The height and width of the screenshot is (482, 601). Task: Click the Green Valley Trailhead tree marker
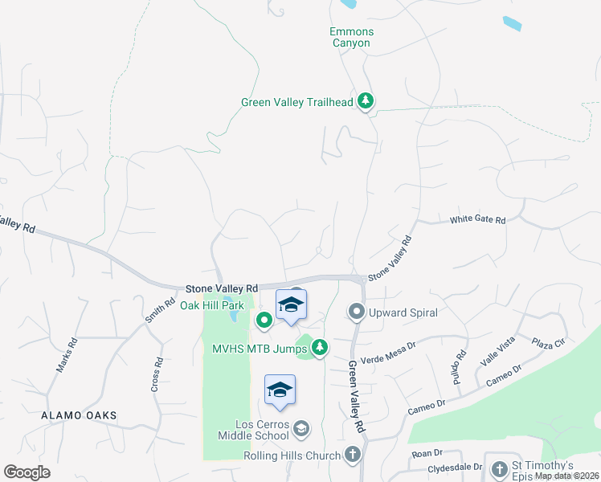click(366, 100)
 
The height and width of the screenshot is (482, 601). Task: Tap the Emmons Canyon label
click(351, 37)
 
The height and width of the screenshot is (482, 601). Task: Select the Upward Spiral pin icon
click(356, 311)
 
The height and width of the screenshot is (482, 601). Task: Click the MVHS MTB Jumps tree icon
click(320, 347)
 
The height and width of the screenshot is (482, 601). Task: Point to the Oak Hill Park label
click(211, 306)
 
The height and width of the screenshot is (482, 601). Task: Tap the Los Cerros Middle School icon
click(300, 428)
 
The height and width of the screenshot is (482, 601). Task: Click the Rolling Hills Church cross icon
click(352, 455)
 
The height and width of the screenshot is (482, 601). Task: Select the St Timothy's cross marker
click(498, 468)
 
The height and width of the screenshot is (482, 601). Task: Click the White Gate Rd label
click(477, 219)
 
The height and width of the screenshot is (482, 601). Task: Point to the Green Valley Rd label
click(357, 398)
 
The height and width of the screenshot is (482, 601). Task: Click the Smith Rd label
click(159, 311)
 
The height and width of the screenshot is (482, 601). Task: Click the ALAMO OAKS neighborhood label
click(80, 415)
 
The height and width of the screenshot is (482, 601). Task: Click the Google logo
click(27, 472)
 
